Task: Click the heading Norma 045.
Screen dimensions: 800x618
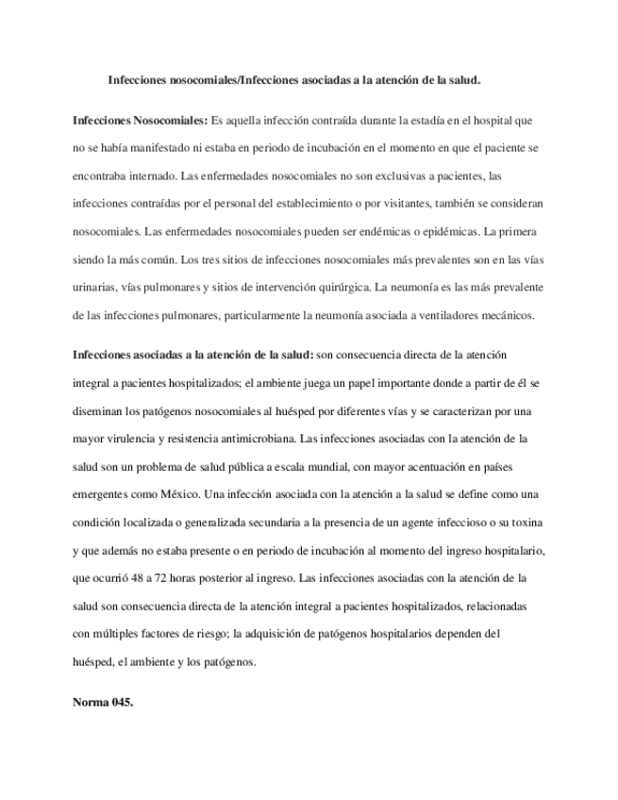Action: click(103, 704)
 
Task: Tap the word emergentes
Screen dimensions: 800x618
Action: click(103, 494)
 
